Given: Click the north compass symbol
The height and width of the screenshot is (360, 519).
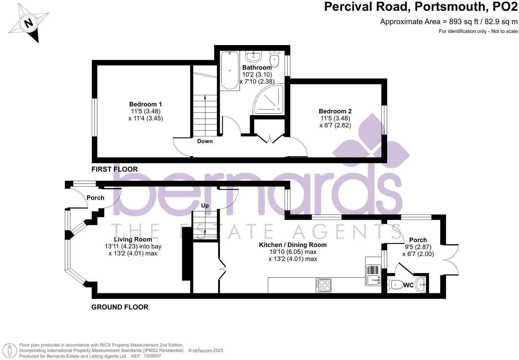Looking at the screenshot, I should tap(29, 23).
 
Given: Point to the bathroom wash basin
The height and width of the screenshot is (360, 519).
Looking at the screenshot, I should tap(254, 56).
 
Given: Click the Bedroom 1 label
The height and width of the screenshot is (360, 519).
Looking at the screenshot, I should tap(145, 104).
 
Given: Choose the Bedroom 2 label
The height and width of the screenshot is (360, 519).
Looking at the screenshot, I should tap(335, 111).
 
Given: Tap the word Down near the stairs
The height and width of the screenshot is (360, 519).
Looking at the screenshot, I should tap(205, 141).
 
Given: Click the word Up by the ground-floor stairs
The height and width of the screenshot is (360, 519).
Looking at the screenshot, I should tap(205, 205).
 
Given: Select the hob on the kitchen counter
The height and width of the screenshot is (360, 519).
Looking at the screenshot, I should tap(323, 285).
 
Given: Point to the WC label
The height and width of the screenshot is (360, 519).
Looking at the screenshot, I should tap(408, 285).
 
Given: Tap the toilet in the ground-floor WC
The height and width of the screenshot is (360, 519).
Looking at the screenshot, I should tap(394, 285).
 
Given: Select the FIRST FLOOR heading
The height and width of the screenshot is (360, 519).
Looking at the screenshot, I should tap(114, 169).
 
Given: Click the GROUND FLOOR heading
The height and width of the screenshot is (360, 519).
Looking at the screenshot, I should tap(120, 307).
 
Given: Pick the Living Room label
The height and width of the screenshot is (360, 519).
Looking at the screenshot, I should tap(133, 239).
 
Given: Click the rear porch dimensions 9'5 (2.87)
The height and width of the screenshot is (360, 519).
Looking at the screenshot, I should tap(418, 247).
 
